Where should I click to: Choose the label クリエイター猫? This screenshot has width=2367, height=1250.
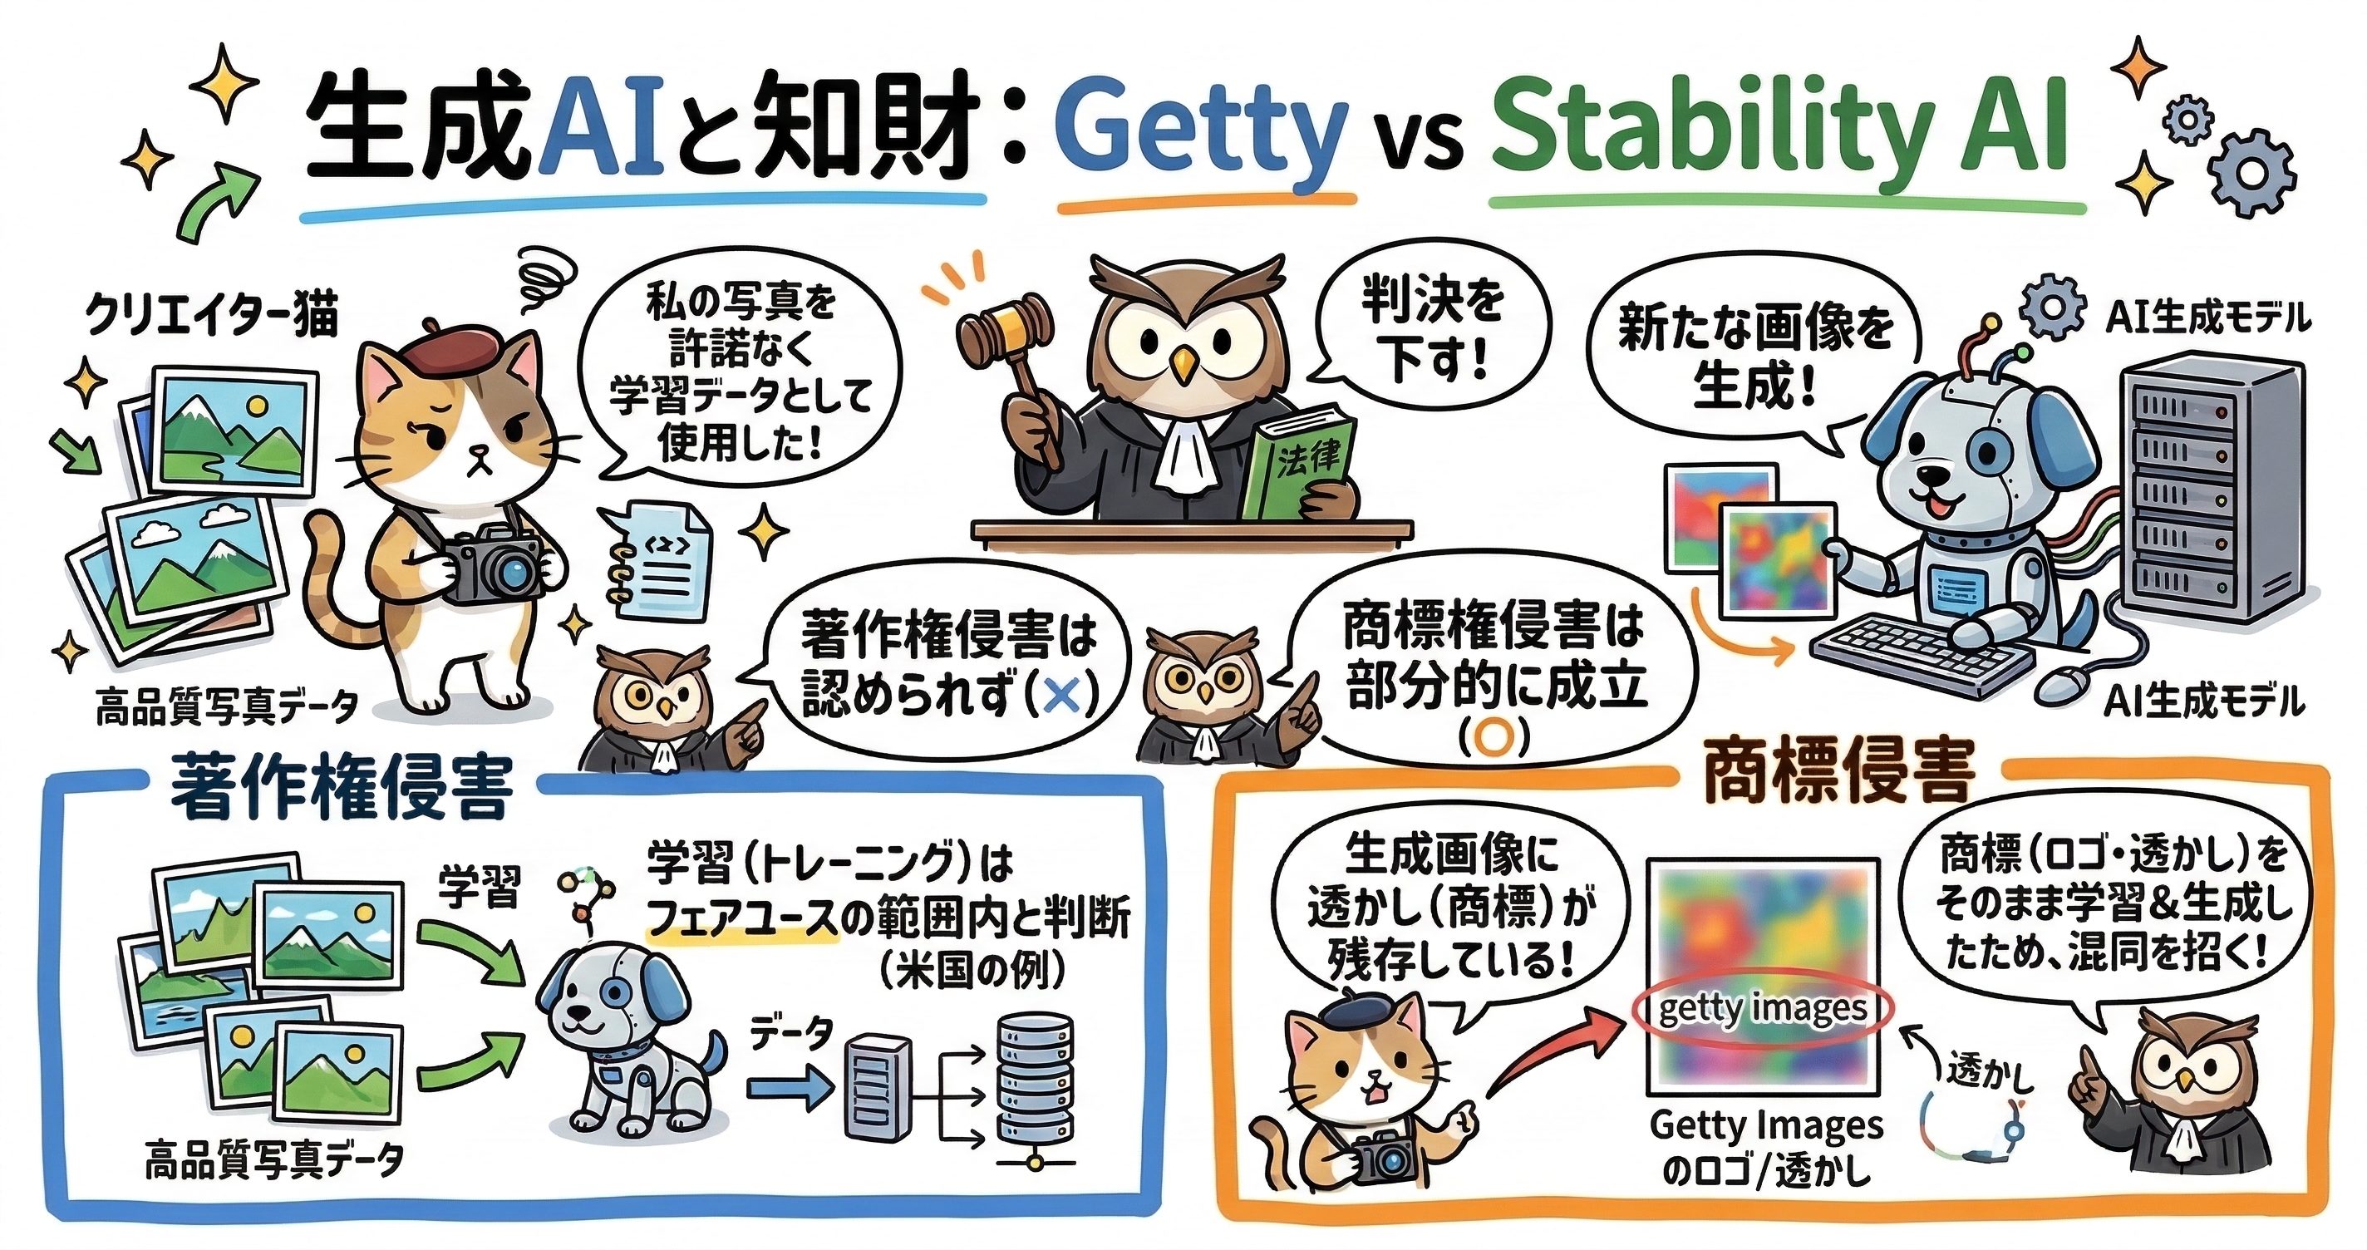tap(211, 317)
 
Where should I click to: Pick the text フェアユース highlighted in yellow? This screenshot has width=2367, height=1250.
tap(745, 919)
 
